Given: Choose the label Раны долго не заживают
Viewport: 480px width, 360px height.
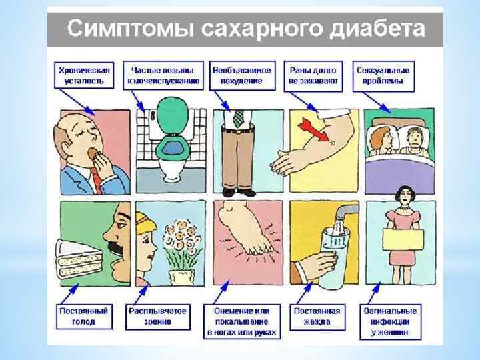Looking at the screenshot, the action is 313,75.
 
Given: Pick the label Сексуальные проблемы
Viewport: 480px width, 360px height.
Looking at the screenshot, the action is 384,75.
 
